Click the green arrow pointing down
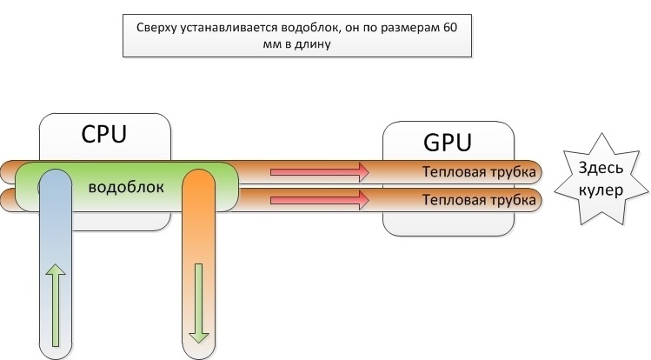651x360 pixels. (198, 299)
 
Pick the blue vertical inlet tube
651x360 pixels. (55, 261)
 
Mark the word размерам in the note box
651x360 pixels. (408, 29)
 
